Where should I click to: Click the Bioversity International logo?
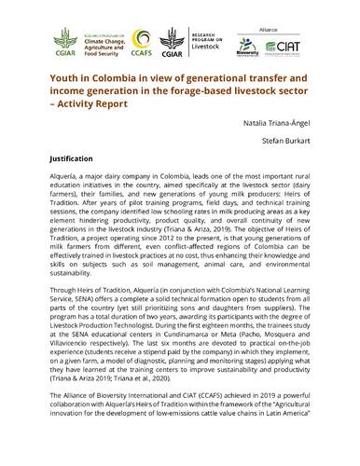[245, 47]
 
